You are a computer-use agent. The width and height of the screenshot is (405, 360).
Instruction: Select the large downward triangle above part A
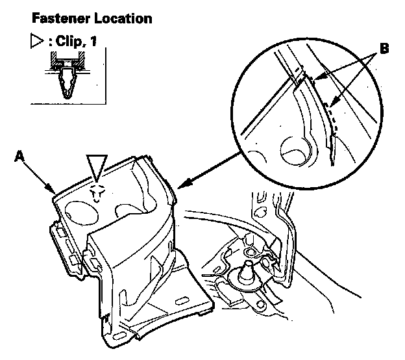pos(97,166)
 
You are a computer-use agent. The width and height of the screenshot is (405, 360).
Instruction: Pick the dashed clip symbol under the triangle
pos(97,191)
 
